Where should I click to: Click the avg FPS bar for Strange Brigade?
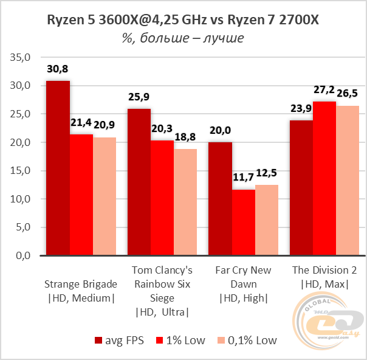click(58, 168)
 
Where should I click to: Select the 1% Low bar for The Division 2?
click(324, 179)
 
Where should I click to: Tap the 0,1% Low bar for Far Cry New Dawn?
click(266, 220)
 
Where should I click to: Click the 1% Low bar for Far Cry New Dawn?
click(243, 223)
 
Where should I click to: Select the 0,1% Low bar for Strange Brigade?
click(104, 196)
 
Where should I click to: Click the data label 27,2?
click(324, 90)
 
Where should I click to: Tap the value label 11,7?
click(242, 178)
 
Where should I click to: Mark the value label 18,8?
click(185, 137)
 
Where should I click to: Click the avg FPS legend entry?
click(119, 340)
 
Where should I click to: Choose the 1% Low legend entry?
click(182, 340)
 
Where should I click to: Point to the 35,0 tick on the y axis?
click(20, 58)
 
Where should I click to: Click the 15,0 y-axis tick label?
click(20, 171)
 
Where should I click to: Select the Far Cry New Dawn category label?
click(243, 283)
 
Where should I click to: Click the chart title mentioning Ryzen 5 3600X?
click(183, 21)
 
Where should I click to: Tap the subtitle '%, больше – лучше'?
click(183, 38)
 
